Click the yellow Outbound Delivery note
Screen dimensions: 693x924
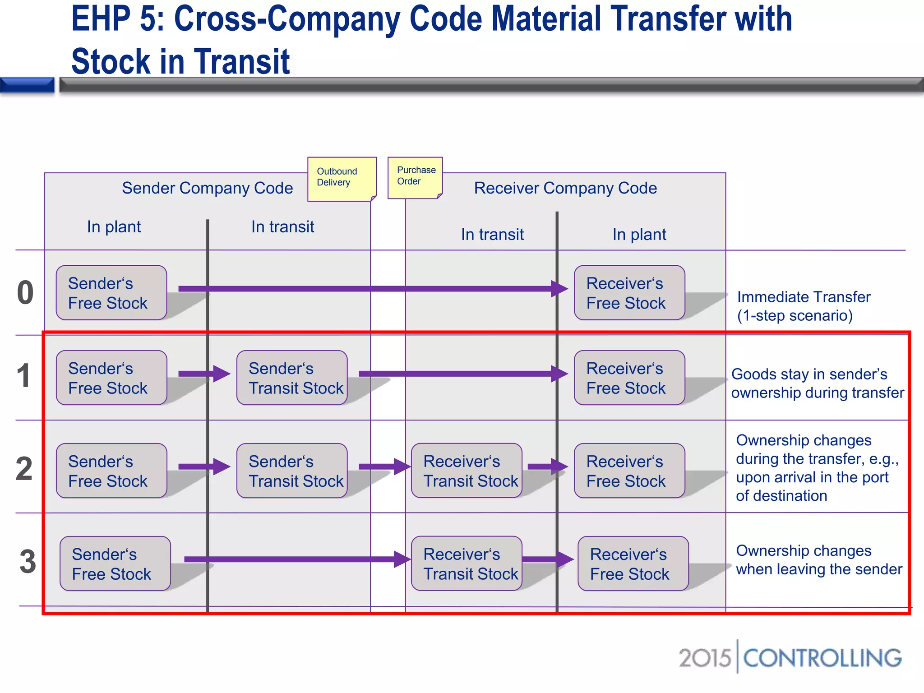point(341,179)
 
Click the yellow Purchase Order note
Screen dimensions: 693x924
point(415,177)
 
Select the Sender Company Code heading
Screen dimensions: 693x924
point(207,188)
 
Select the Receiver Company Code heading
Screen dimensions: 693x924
point(565,188)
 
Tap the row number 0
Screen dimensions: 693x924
point(25,293)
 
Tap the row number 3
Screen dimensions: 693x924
point(28,562)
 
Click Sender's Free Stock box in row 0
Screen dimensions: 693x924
point(111,293)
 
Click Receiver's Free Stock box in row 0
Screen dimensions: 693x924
point(629,293)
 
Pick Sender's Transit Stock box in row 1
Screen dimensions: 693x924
point(292,378)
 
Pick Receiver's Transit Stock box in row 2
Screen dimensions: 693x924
point(467,471)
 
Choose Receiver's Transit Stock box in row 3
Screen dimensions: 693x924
point(467,564)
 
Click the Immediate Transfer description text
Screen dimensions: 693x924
point(803,306)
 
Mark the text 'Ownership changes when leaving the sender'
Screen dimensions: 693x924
point(818,560)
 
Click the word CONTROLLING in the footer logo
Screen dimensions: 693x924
point(822,658)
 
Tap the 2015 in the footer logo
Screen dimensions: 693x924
point(705,658)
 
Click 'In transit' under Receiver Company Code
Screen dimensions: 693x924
point(492,235)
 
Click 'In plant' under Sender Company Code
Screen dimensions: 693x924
point(114,227)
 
